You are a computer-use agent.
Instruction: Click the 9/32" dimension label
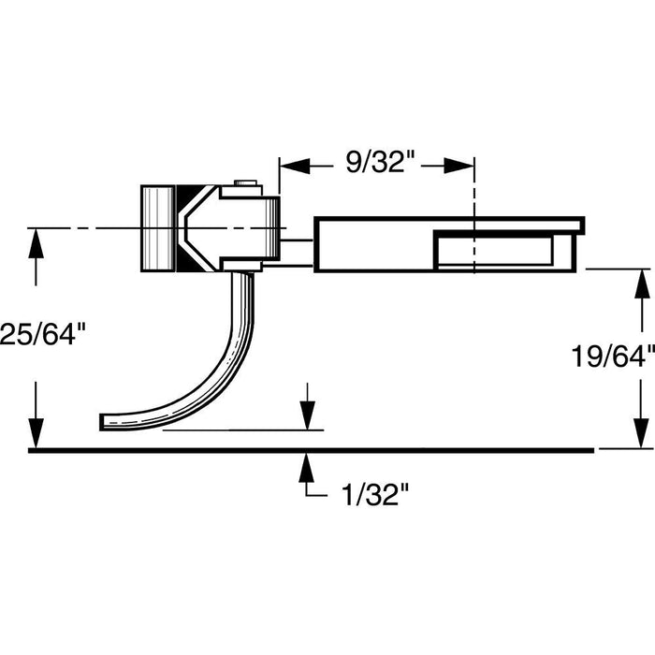(x=380, y=164)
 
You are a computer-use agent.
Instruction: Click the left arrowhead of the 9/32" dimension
(x=293, y=166)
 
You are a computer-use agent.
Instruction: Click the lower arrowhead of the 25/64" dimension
(x=36, y=435)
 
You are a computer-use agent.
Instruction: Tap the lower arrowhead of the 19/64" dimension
(x=640, y=436)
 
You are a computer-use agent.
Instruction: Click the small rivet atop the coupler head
(x=246, y=186)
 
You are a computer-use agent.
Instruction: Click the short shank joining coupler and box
(x=297, y=246)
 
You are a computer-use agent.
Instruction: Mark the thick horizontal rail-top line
(x=309, y=450)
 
